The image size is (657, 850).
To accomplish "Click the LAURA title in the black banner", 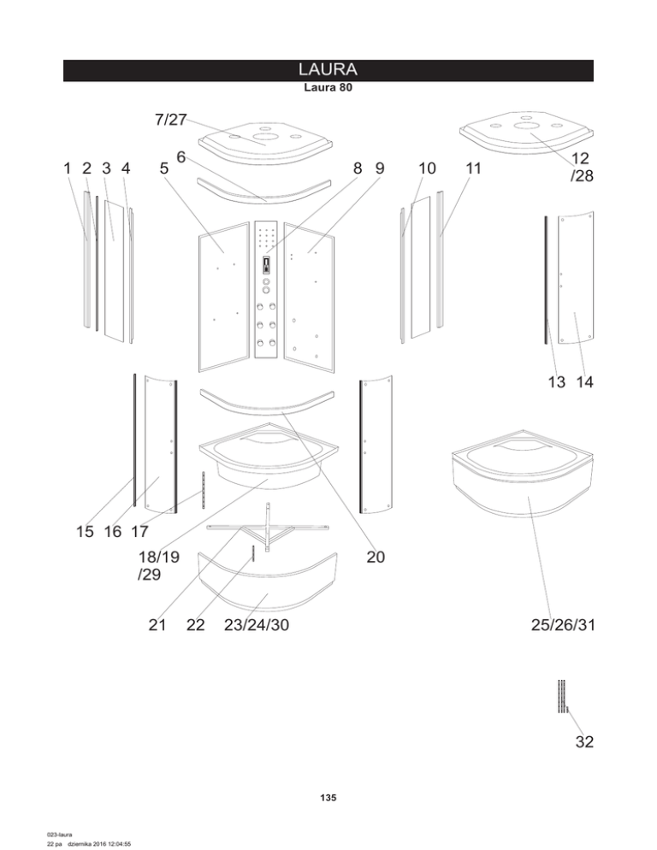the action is click(328, 69).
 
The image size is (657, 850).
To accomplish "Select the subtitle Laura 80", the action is click(328, 87).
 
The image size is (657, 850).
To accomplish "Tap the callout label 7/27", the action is click(171, 120).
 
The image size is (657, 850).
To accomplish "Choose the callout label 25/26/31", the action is click(562, 626).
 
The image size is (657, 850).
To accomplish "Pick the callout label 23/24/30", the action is click(256, 626).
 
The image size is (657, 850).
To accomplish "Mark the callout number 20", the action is click(375, 558).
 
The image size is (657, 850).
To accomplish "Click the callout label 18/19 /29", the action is click(158, 565).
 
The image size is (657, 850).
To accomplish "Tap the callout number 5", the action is click(163, 168).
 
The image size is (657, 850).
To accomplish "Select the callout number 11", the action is click(473, 168).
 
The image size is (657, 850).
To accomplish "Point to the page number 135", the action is click(328, 798).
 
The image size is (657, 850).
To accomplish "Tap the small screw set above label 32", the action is click(561, 696).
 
